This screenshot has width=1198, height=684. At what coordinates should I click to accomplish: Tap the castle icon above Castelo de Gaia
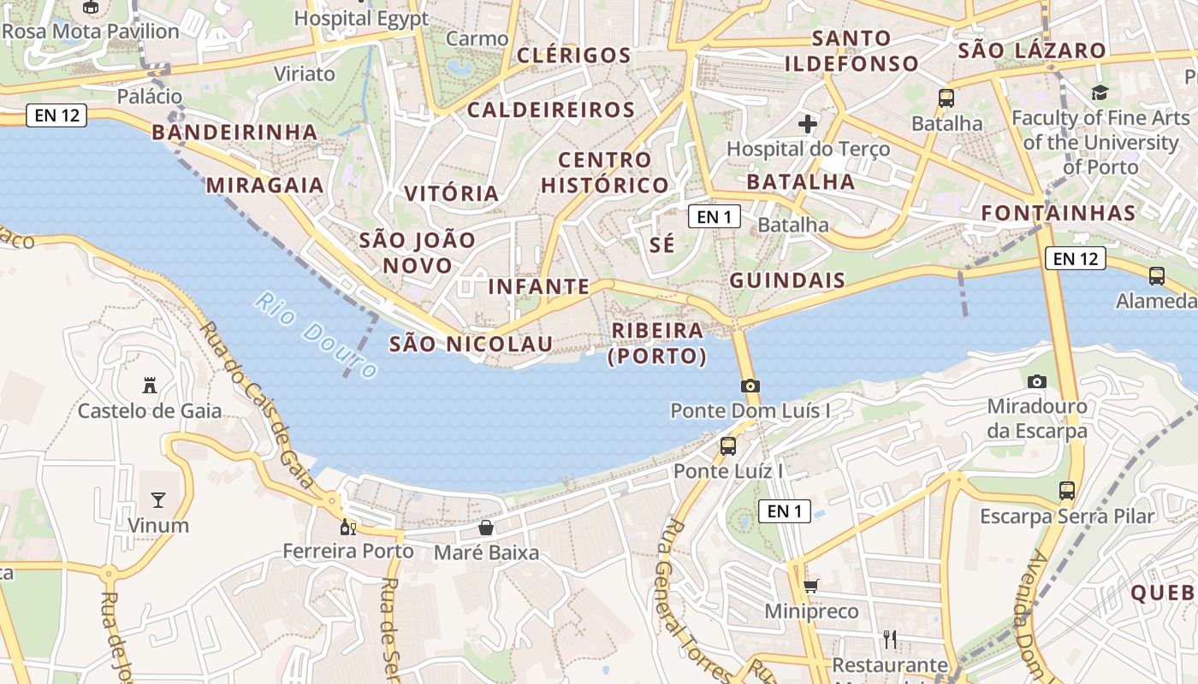point(150,385)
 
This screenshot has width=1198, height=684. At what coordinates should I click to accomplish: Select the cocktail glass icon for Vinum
point(158,499)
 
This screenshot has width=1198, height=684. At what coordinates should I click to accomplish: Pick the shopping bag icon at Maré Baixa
point(486,528)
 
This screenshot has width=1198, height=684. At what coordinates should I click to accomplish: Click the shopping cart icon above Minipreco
point(810,587)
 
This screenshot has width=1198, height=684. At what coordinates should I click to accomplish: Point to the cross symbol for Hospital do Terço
point(807,125)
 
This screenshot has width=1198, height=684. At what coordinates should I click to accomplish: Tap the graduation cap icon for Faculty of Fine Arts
point(1100,92)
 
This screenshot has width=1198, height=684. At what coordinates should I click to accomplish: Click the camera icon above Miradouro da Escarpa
point(1037,381)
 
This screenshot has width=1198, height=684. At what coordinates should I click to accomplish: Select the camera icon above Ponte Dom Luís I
point(750,386)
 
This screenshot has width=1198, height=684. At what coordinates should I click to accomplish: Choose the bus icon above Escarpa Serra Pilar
point(1067,491)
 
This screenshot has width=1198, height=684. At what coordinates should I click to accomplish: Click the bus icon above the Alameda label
point(1157,275)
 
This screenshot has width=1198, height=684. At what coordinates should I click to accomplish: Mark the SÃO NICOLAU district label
point(471,345)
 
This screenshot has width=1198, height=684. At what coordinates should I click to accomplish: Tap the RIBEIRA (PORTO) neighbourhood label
point(657,343)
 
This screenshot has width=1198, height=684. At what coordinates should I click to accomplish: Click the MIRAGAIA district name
point(265,186)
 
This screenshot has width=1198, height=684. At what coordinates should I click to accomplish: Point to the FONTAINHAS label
point(1059,213)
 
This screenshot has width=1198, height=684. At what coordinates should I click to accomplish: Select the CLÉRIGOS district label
point(574,56)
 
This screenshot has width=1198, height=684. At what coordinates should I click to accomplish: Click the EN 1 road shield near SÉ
point(715,216)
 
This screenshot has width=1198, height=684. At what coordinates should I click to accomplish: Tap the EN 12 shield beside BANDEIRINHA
point(57,115)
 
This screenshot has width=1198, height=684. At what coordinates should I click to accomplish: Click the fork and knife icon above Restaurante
point(890,639)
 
